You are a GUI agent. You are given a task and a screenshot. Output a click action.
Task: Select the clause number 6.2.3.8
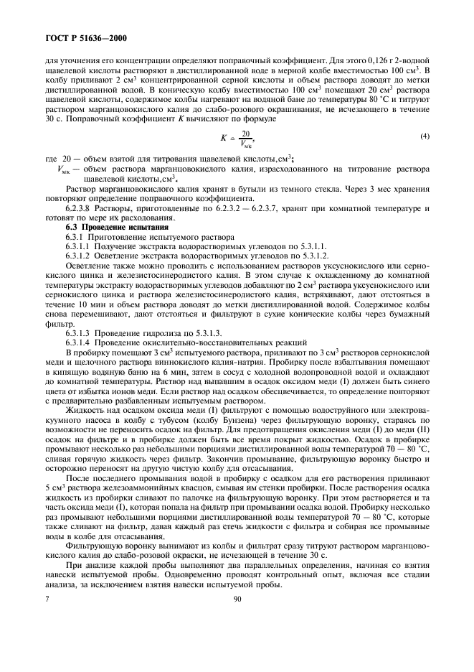pos(78,207)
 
